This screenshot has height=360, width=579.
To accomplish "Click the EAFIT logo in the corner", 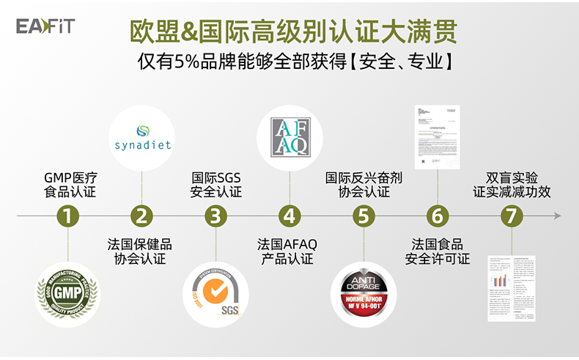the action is [45, 27].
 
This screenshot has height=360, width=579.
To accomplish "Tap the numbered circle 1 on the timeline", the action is [67, 216].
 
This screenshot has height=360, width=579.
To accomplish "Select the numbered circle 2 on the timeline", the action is [141, 216].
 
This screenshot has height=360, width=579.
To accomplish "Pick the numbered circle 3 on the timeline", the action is [215, 216].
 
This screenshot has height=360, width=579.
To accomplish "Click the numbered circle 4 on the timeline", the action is [290, 216].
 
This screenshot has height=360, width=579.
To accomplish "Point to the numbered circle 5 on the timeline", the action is [364, 216].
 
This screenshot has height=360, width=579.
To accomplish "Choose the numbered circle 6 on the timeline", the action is [438, 216].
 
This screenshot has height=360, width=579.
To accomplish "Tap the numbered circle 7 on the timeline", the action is [512, 216].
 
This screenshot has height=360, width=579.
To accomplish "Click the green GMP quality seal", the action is [67, 293].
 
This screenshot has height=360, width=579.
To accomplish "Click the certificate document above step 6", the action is [437, 136].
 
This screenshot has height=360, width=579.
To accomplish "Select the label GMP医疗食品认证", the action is [70, 185].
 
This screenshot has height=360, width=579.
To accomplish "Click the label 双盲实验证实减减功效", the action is [512, 185].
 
